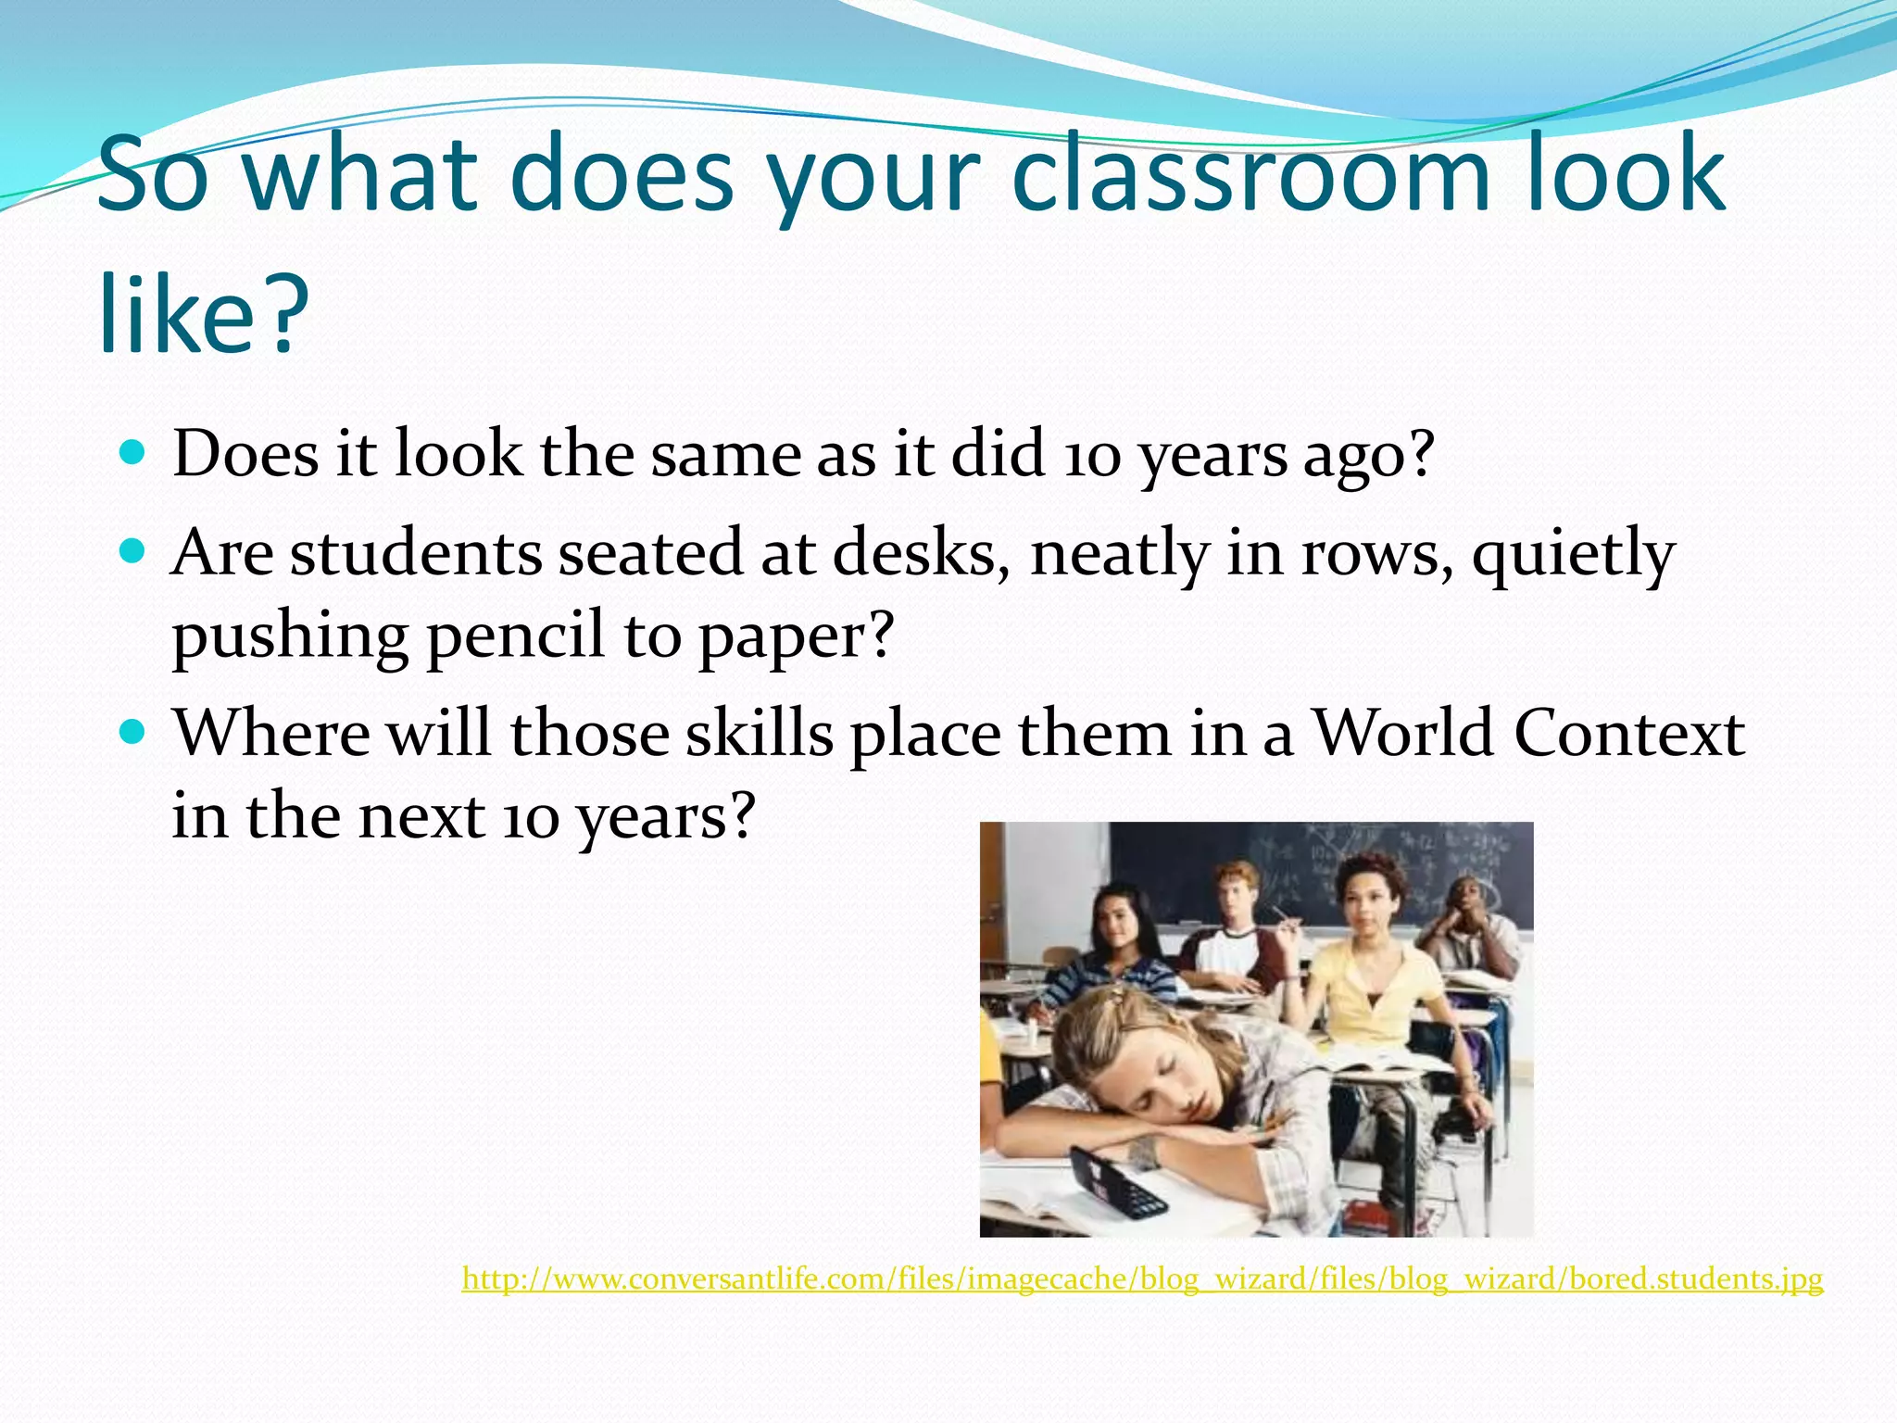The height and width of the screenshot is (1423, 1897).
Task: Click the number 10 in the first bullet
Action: (x=1092, y=456)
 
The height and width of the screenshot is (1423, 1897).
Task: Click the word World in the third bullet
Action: (x=1402, y=734)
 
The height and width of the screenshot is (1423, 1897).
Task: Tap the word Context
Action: (x=1629, y=734)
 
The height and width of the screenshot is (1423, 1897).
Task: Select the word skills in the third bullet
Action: (x=759, y=734)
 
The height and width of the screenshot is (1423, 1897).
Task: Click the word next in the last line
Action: (x=421, y=817)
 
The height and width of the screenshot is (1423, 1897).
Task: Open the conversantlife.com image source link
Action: (x=1142, y=1278)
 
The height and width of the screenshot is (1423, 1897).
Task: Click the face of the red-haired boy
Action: (x=1236, y=895)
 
